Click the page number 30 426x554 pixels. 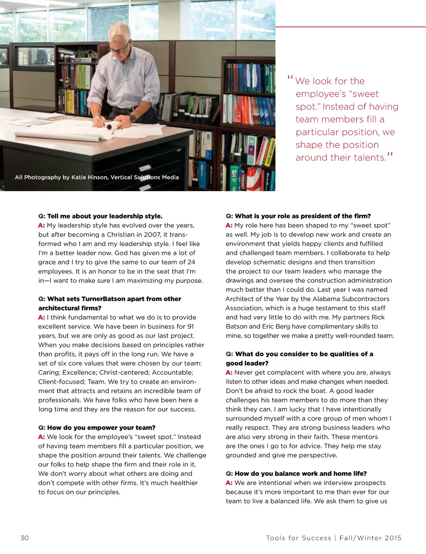pyautogui.click(x=25, y=538)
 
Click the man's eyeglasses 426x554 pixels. pyautogui.click(x=119, y=50)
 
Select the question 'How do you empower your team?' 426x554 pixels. pyautogui.click(x=101, y=428)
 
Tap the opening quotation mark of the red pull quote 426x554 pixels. pyautogui.click(x=290, y=78)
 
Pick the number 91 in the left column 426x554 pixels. pyautogui.click(x=190, y=327)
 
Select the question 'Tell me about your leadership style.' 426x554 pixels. pyautogui.click(x=104, y=216)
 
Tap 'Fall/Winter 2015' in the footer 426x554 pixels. pyautogui.click(x=370, y=538)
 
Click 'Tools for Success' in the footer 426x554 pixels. pyautogui.click(x=299, y=538)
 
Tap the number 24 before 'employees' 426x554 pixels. pyautogui.click(x=191, y=262)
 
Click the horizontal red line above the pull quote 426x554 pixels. pyautogui.click(x=350, y=27)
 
